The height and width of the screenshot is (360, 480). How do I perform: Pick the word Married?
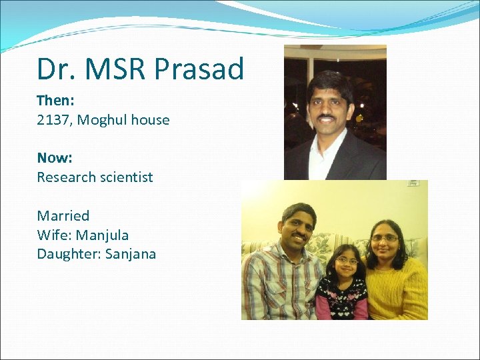pyautogui.click(x=63, y=215)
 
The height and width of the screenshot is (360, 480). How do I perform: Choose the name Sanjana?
pyautogui.click(x=131, y=254)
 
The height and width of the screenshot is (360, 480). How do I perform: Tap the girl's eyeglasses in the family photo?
pyautogui.click(x=346, y=260)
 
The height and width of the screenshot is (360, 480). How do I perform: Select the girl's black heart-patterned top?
pyautogui.click(x=342, y=297)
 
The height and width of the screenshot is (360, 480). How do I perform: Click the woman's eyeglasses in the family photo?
pyautogui.click(x=385, y=238)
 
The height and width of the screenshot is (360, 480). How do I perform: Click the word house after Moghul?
pyautogui.click(x=150, y=120)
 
